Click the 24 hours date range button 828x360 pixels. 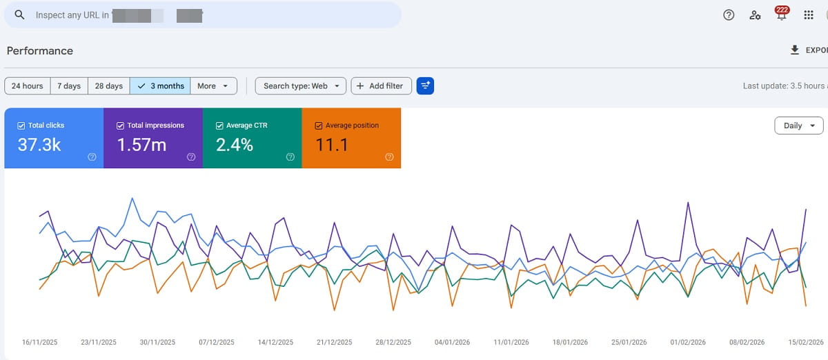coord(28,86)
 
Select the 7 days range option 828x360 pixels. coord(69,86)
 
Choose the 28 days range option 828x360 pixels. coord(109,86)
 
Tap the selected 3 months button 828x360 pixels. coord(160,86)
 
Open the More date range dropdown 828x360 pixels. coord(213,86)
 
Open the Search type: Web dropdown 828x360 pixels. coord(300,86)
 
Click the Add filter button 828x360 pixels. coord(381,86)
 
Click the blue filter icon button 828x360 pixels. coord(426,86)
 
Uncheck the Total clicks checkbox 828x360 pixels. coord(21,126)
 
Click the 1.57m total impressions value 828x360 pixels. coord(141,145)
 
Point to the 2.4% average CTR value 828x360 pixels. coord(235,145)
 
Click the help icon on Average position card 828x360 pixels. coord(389,157)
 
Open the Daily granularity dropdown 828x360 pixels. coord(799,126)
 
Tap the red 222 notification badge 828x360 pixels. coord(782,10)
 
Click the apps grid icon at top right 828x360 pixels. coord(809,15)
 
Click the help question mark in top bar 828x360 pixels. coord(729,15)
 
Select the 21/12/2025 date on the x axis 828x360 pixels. coord(333,342)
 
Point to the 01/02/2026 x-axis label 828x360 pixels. coord(688,342)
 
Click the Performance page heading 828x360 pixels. coord(40,50)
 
